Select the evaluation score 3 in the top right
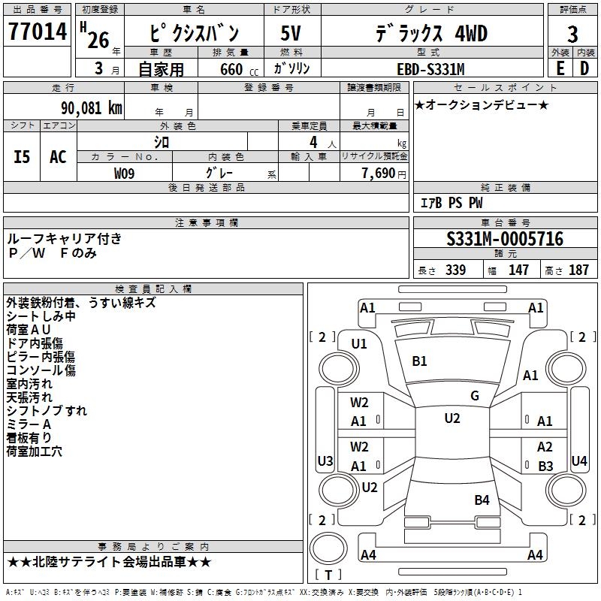point(572,35)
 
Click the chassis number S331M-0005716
point(505,239)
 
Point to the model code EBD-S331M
point(430,69)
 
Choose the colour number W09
point(125,174)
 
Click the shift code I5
point(23,157)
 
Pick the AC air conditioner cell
point(58,157)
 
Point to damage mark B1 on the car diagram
point(419,361)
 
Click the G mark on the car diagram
point(475,396)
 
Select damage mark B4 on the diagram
point(482,500)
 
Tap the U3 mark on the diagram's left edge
point(325,461)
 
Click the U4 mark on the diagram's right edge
point(578,461)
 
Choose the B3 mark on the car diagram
point(545,466)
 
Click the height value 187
point(578,270)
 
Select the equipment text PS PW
point(466,204)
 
